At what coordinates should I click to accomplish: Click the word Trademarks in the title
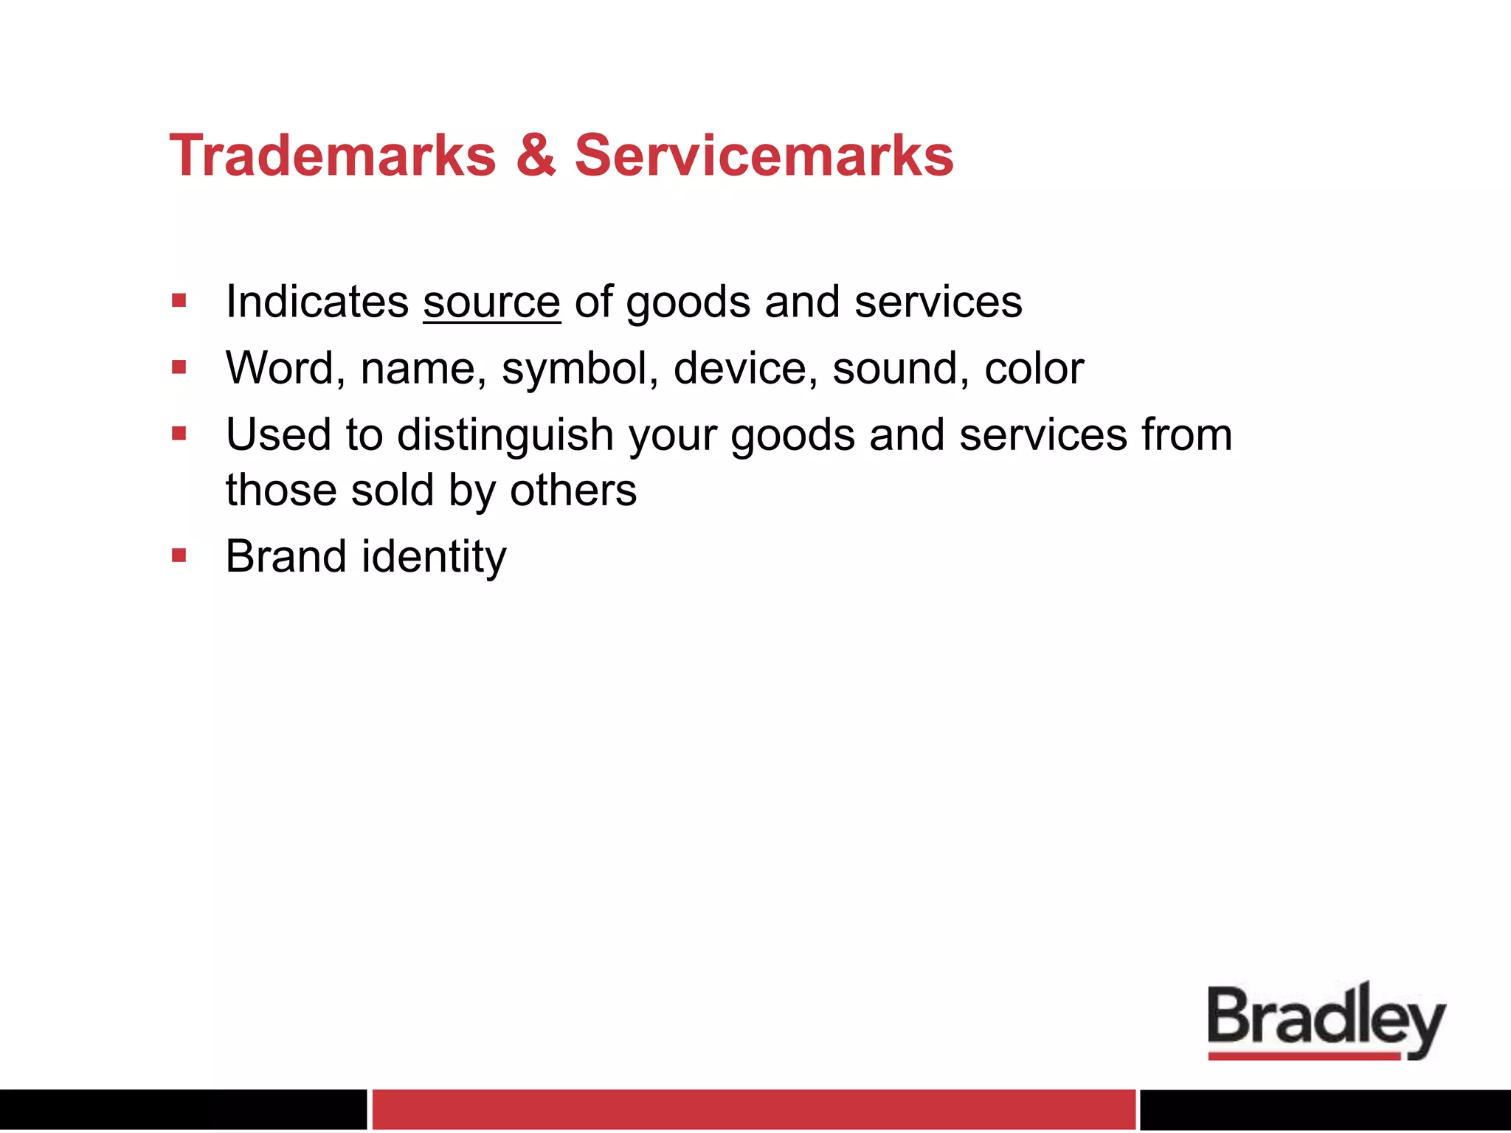pyautogui.click(x=333, y=156)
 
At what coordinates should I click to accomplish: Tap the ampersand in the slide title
pyautogui.click(x=536, y=156)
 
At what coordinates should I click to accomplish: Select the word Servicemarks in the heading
pyautogui.click(x=764, y=156)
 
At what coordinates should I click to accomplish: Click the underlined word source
pyautogui.click(x=491, y=302)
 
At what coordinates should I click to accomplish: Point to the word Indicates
pyautogui.click(x=317, y=302)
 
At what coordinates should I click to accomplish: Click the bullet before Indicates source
pyautogui.click(x=179, y=300)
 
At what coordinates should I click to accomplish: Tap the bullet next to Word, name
pyautogui.click(x=179, y=367)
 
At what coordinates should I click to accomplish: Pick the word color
pyautogui.click(x=1034, y=368)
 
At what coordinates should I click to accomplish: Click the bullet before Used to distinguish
pyautogui.click(x=179, y=433)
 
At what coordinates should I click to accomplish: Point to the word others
pyautogui.click(x=573, y=491)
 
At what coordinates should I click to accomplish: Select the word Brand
pyautogui.click(x=286, y=556)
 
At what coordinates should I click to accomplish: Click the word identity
pyautogui.click(x=434, y=558)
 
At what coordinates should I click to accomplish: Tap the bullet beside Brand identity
pyautogui.click(x=179, y=555)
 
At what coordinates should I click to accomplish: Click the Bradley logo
pyautogui.click(x=1326, y=1021)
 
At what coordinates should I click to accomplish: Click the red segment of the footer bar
pyautogui.click(x=753, y=1109)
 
